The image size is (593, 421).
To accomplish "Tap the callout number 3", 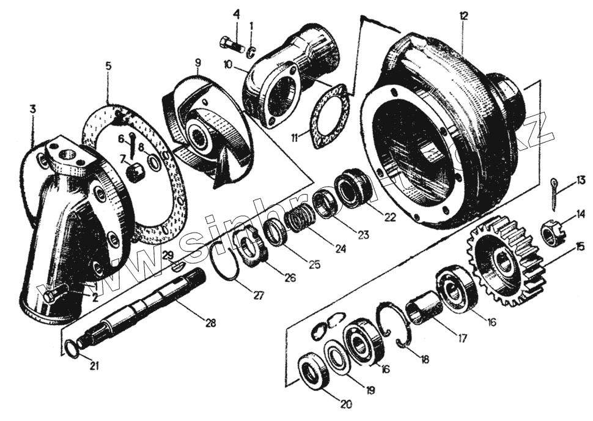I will coord(32,109).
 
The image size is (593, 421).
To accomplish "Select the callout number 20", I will coord(346,404).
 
